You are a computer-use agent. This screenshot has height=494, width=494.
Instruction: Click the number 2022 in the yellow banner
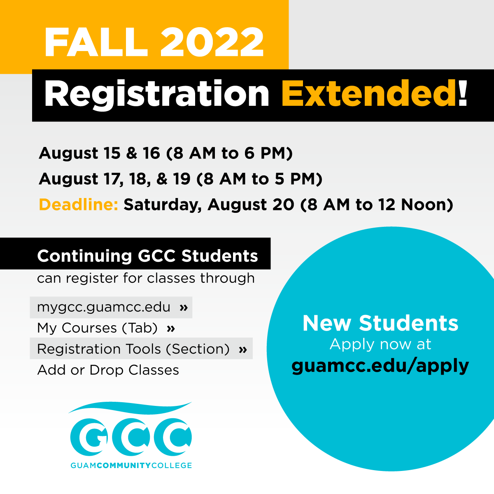(212, 42)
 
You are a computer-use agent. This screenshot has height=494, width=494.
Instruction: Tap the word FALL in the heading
(96, 42)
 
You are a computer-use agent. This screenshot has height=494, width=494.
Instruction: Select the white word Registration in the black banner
(156, 94)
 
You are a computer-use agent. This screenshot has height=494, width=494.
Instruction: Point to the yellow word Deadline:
(79, 205)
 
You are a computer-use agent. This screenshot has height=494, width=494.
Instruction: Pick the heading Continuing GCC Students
(147, 256)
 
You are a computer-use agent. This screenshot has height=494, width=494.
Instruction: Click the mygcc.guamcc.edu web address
(104, 308)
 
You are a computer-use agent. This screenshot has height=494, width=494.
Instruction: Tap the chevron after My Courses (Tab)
(171, 329)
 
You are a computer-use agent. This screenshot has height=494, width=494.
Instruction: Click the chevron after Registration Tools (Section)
(242, 349)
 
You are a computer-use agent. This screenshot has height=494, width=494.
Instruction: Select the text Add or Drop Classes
(108, 370)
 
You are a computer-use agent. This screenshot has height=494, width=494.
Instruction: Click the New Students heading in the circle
(380, 323)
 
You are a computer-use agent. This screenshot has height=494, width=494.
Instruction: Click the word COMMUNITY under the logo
(124, 465)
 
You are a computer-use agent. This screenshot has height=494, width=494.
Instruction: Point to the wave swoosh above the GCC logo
(130, 408)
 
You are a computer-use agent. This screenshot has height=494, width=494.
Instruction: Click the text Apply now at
(380, 344)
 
